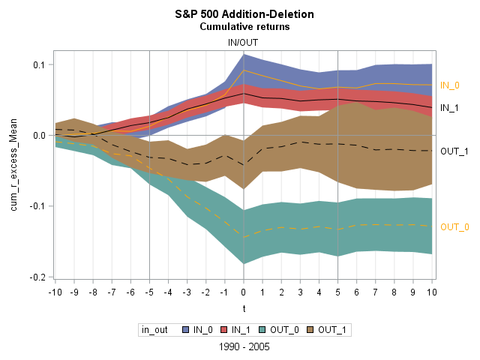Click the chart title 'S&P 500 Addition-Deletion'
click(244, 14)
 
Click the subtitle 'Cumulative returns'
click(244, 27)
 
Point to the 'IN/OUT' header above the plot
click(244, 43)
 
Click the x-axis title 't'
click(244, 307)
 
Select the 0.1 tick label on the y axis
click(38, 65)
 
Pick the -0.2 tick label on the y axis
click(37, 277)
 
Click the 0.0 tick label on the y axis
click(38, 136)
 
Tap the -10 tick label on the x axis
click(54, 291)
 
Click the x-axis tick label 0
click(244, 291)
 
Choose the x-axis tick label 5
click(338, 291)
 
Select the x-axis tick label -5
click(149, 291)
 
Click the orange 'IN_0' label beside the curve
click(449, 85)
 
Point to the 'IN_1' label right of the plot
click(449, 108)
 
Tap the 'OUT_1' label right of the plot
click(454, 151)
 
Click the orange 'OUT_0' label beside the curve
click(454, 226)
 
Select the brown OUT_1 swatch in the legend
click(311, 329)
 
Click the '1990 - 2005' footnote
click(244, 347)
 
